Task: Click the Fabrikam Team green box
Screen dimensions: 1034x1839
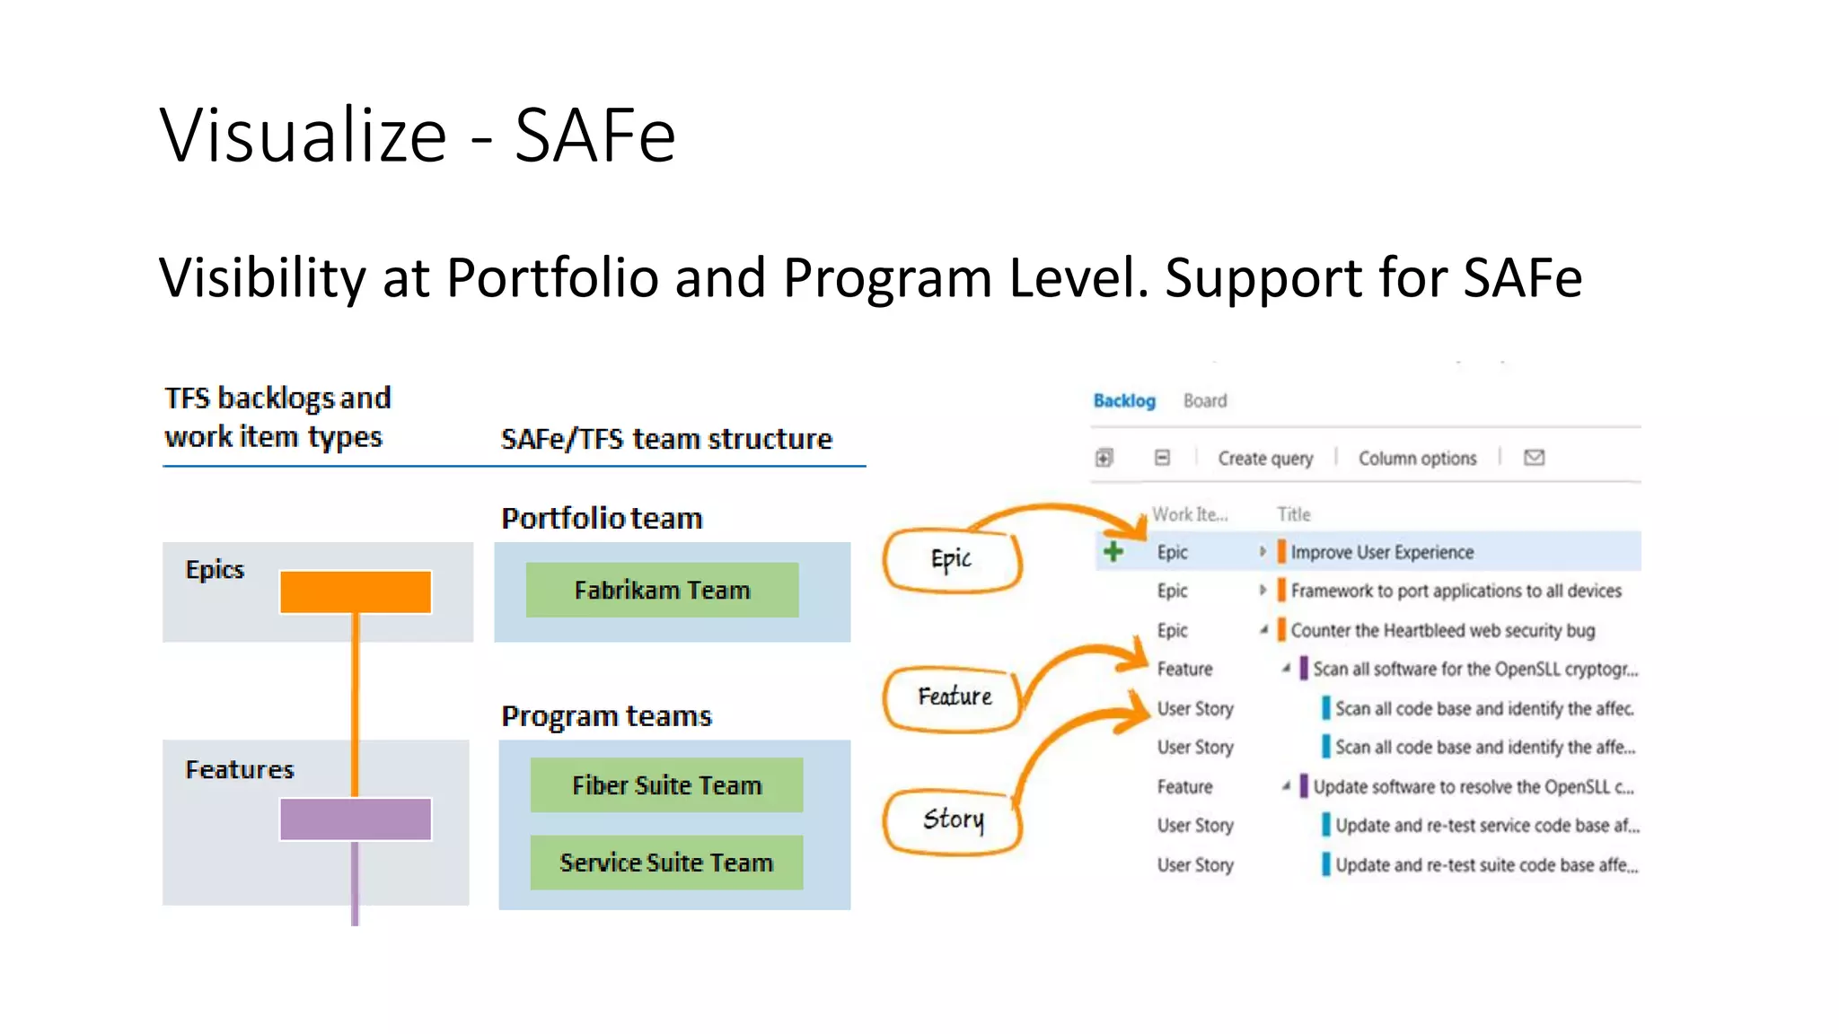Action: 662,590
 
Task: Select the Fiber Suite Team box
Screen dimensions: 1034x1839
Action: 666,785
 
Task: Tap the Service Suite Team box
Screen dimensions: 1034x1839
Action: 666,863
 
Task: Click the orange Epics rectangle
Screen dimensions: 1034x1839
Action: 356,592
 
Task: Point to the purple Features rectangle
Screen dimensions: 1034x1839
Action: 356,819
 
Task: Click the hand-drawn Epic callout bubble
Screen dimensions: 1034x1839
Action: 951,561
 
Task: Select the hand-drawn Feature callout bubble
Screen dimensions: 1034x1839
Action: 954,697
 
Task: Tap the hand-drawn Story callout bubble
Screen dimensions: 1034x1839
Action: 953,819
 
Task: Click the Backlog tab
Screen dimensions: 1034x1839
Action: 1123,400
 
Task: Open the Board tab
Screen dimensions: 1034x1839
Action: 1204,400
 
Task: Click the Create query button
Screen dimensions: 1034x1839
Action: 1264,459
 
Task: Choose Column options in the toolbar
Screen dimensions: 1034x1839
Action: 1417,459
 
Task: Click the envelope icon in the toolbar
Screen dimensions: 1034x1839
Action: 1534,458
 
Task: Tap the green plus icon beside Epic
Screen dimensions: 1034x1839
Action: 1113,551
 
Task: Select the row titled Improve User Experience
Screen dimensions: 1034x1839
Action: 1381,552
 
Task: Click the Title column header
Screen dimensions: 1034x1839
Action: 1293,514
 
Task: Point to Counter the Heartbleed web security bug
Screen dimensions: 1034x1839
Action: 1442,630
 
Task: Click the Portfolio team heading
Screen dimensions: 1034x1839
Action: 602,518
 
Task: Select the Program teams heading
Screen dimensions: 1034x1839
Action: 606,716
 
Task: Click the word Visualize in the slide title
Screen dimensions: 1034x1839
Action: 304,136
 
